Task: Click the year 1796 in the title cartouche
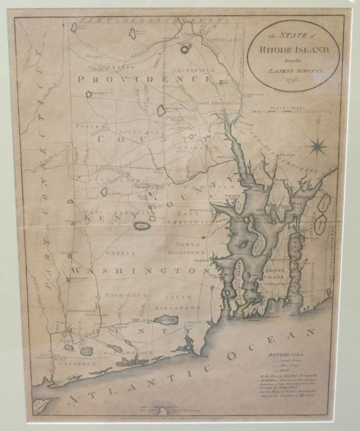pyautogui.click(x=294, y=80)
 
